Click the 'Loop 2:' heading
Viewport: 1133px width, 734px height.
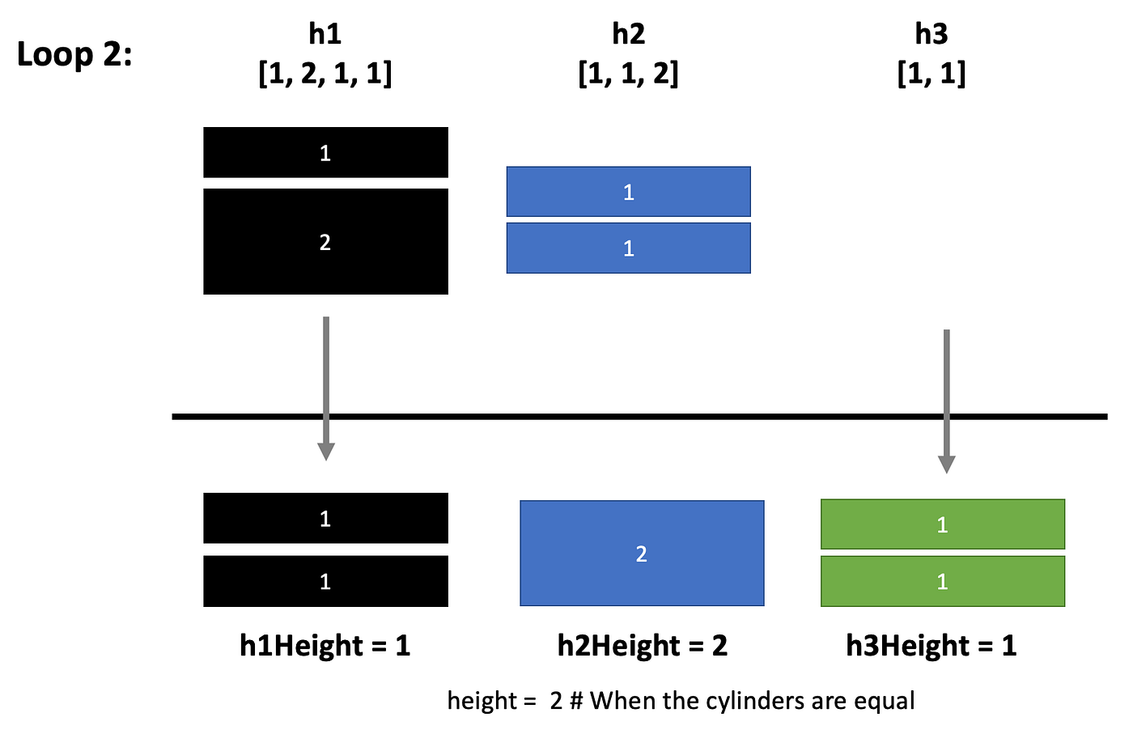pyautogui.click(x=74, y=55)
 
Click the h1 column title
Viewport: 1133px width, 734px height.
pyautogui.click(x=325, y=34)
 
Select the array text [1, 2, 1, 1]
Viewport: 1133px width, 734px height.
pyautogui.click(x=325, y=74)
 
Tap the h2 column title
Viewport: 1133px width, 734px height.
pyautogui.click(x=628, y=34)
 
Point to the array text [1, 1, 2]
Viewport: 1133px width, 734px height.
pyautogui.click(x=628, y=74)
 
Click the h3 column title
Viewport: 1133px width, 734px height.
pyautogui.click(x=931, y=34)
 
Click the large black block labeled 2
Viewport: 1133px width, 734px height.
pyautogui.click(x=325, y=241)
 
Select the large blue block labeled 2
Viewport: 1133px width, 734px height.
pyautogui.click(x=642, y=554)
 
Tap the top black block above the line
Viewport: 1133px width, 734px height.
pyautogui.click(x=325, y=152)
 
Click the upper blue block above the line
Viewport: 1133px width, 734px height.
pyautogui.click(x=628, y=192)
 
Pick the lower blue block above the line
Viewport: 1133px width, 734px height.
pyautogui.click(x=628, y=248)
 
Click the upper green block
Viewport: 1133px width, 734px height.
pyautogui.click(x=942, y=524)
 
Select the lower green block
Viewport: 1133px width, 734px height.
pyautogui.click(x=942, y=581)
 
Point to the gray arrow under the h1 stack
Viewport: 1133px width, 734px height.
pyautogui.click(x=325, y=388)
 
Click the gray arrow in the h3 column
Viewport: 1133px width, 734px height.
pyautogui.click(x=946, y=401)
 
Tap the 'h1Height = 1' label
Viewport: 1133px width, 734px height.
pyautogui.click(x=325, y=645)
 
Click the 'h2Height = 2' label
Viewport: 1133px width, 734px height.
pyautogui.click(x=642, y=645)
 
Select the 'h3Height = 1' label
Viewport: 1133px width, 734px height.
pyautogui.click(x=931, y=645)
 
